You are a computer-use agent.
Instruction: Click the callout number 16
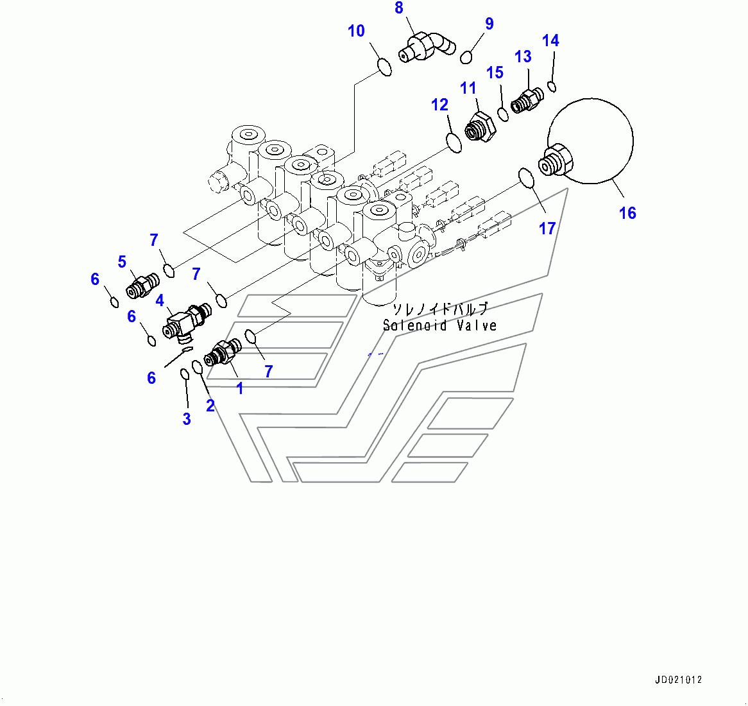(x=627, y=212)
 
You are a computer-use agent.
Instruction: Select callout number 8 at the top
(x=399, y=8)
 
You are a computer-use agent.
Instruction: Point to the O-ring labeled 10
(x=384, y=67)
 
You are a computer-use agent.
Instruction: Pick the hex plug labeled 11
(x=481, y=126)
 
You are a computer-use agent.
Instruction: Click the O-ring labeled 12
(x=454, y=143)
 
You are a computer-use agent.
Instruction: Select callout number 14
(x=550, y=40)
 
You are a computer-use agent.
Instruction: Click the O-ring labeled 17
(x=526, y=178)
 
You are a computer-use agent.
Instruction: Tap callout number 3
(x=186, y=419)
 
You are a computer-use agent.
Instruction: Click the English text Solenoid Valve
(x=439, y=325)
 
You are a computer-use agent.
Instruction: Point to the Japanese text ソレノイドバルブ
(x=439, y=309)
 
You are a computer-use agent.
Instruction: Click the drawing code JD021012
(x=679, y=680)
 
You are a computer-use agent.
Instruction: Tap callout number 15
(x=495, y=73)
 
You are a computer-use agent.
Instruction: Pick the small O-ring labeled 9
(x=466, y=57)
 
